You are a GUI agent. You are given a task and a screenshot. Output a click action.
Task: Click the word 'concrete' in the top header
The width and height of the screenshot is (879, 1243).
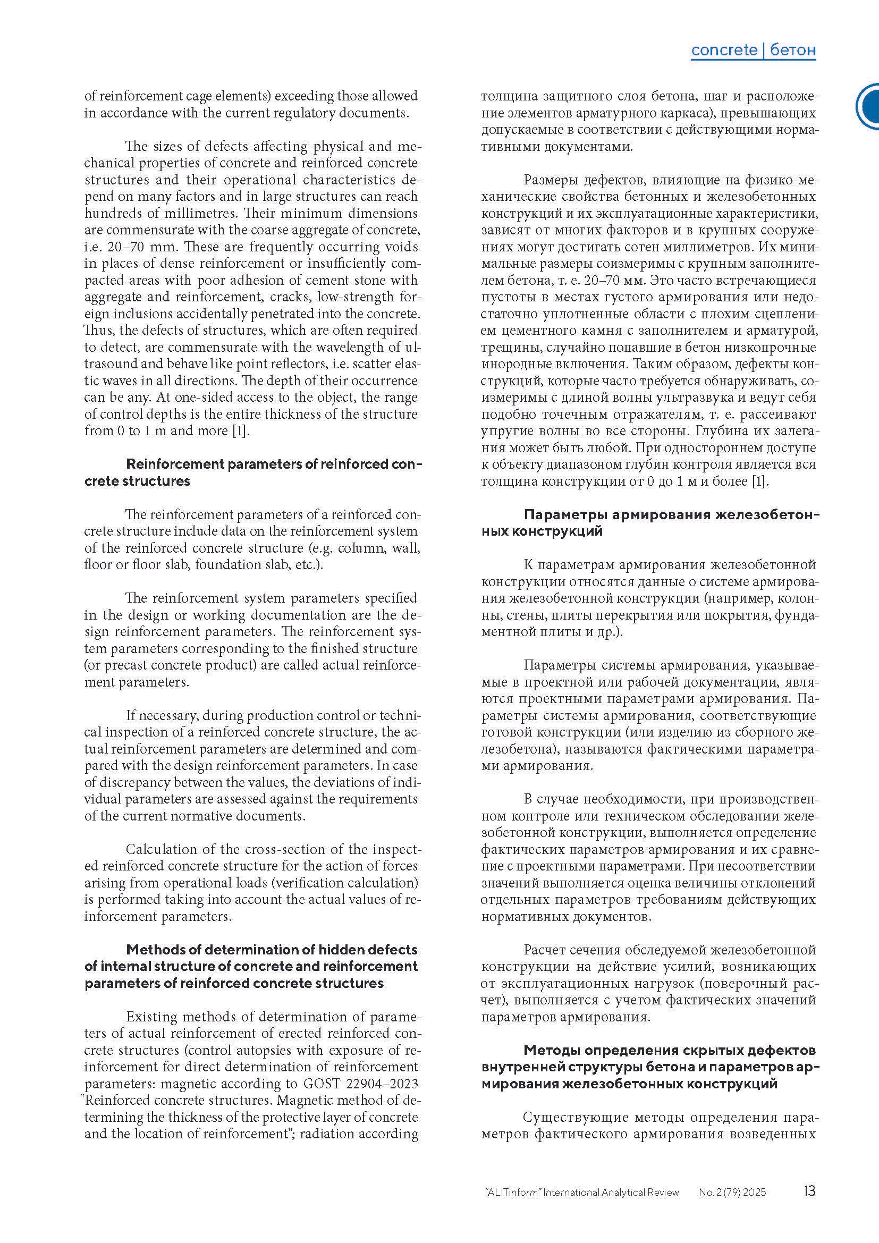click(x=724, y=50)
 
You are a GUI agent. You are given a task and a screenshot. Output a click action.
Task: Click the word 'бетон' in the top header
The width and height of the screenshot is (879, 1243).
click(x=792, y=50)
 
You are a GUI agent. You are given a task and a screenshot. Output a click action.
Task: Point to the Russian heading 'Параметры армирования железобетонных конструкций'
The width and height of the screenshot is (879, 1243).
click(x=649, y=522)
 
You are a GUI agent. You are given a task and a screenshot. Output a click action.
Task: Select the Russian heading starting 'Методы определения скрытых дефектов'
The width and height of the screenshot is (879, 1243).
click(x=649, y=1067)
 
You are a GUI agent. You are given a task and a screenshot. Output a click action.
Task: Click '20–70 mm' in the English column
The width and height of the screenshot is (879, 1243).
click(x=144, y=247)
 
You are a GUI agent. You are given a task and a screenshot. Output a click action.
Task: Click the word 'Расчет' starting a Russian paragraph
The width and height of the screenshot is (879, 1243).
click(x=545, y=950)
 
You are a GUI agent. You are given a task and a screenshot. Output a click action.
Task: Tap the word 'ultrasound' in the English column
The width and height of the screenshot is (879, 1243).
click(x=111, y=364)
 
